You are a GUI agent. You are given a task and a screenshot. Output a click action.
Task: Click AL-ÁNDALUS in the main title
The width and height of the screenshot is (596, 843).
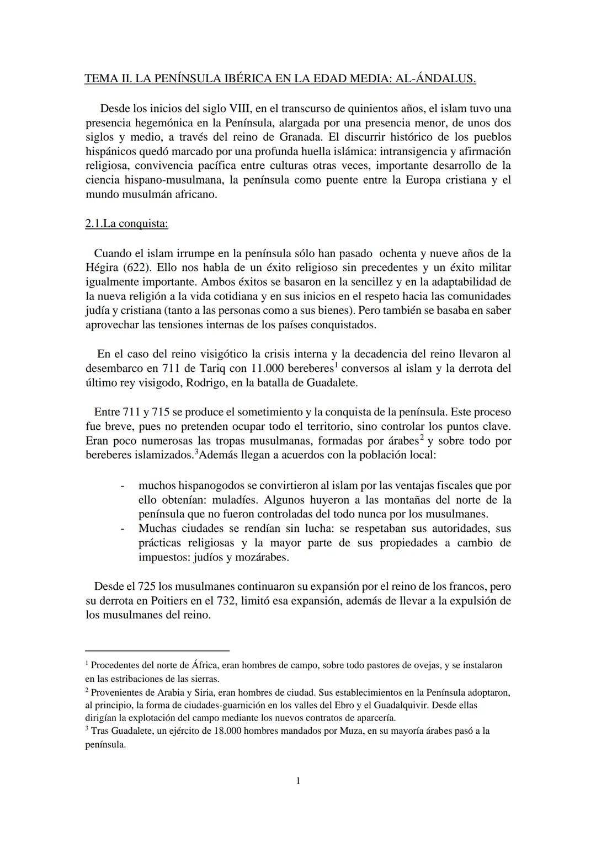435,79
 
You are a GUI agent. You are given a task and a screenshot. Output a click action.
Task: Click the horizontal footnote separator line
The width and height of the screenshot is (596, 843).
157,650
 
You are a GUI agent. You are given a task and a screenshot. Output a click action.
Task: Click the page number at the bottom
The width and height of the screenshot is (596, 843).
298,780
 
